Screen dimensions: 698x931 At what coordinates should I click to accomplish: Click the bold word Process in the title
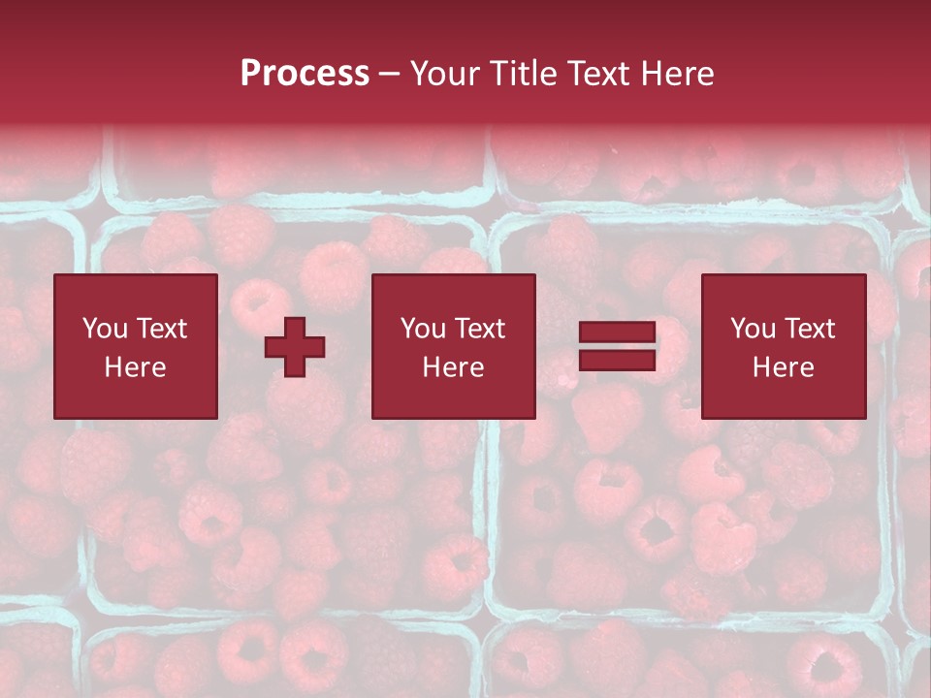305,74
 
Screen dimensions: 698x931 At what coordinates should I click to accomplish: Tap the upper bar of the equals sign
617,333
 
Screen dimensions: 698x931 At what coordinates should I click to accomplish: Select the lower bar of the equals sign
617,360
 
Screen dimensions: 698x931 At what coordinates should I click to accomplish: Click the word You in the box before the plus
103,329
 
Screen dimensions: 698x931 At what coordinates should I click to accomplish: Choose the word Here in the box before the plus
135,367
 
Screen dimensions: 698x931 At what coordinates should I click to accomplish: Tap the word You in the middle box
422,329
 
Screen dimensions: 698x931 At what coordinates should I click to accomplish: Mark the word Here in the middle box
453,367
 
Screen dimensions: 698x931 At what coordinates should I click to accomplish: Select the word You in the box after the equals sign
752,329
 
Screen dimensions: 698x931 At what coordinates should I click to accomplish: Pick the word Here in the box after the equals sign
783,367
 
